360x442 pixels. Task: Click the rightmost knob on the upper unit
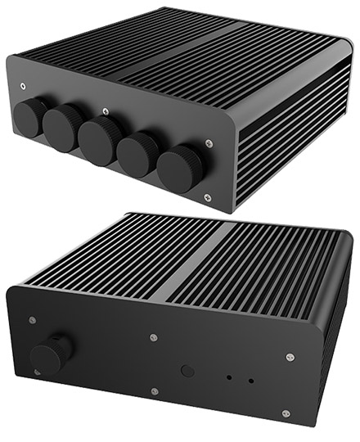pyautogui.click(x=178, y=167)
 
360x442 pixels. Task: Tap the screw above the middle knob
pyautogui.click(x=105, y=110)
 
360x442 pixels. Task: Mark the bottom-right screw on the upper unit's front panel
pyautogui.click(x=206, y=197)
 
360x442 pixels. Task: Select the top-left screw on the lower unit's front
pyautogui.click(x=31, y=319)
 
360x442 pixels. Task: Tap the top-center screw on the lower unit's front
pyautogui.click(x=154, y=336)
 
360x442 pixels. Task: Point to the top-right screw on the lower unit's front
pyautogui.click(x=290, y=357)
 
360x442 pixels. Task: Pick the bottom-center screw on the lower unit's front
pyautogui.click(x=155, y=391)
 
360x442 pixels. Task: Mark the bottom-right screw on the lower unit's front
pyautogui.click(x=286, y=413)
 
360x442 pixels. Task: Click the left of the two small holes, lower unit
pyautogui.click(x=230, y=378)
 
